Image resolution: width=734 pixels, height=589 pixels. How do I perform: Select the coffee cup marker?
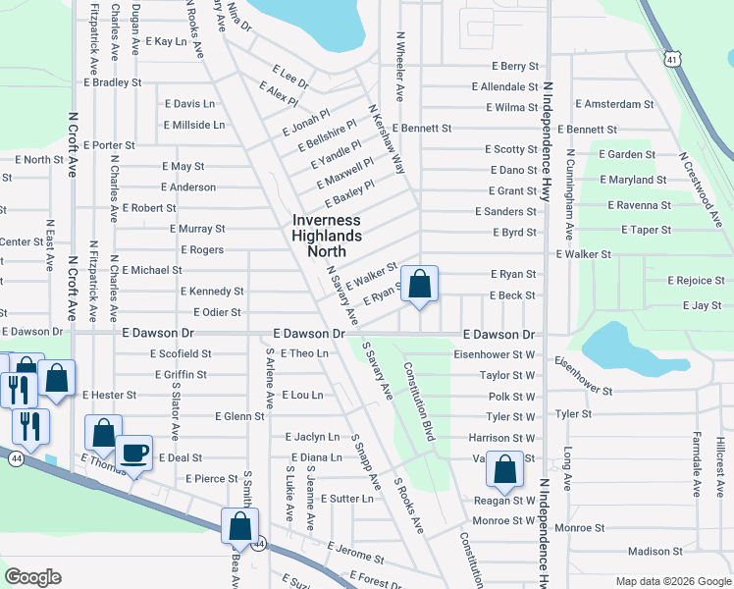(x=133, y=454)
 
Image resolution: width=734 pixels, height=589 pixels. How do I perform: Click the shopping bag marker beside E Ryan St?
(x=419, y=285)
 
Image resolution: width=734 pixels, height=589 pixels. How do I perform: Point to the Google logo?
(x=32, y=577)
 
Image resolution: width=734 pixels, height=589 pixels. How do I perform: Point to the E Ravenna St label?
(x=639, y=206)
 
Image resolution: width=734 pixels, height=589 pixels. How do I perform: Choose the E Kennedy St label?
(x=211, y=292)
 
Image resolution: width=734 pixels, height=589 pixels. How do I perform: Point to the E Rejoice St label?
(x=696, y=281)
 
